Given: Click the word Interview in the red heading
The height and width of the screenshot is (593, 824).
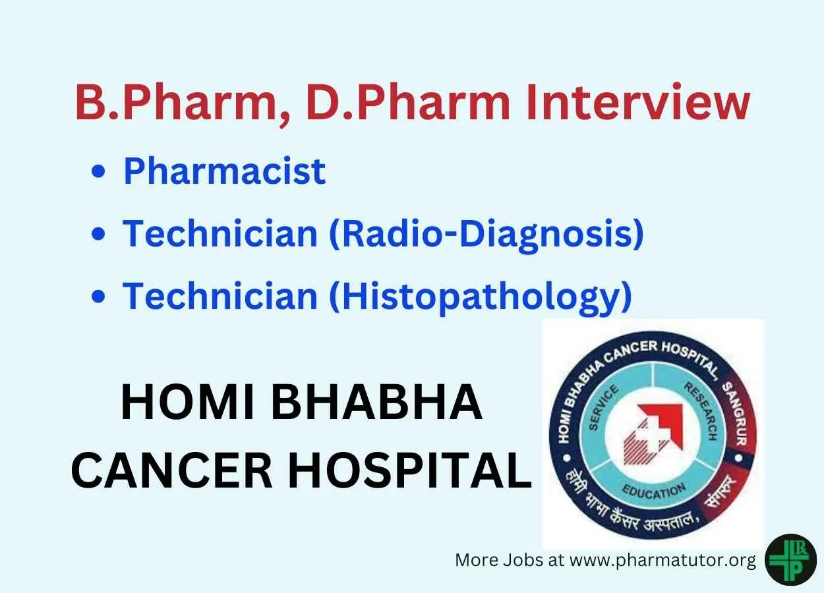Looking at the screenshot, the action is tap(638, 102).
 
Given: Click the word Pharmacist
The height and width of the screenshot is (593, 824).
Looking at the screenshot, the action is tap(224, 171).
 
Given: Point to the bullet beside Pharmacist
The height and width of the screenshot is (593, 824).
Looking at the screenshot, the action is tap(98, 171).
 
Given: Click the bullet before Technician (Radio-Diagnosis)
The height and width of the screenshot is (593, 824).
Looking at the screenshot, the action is tap(98, 234).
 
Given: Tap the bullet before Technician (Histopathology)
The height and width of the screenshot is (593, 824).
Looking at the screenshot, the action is tap(98, 296).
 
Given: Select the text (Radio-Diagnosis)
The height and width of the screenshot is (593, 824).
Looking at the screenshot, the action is tap(486, 235).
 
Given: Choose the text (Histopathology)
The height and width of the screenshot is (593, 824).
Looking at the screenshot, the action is tap(481, 298).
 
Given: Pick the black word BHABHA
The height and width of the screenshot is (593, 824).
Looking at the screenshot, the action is tap(376, 402).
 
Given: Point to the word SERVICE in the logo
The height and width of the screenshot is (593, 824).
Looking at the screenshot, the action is tap(603, 407).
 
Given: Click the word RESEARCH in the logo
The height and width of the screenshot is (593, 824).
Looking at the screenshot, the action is tap(701, 411).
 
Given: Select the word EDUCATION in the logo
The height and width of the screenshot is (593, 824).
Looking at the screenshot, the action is tap(654, 491).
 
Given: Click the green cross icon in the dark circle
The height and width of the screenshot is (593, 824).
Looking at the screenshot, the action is tap(792, 560).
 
